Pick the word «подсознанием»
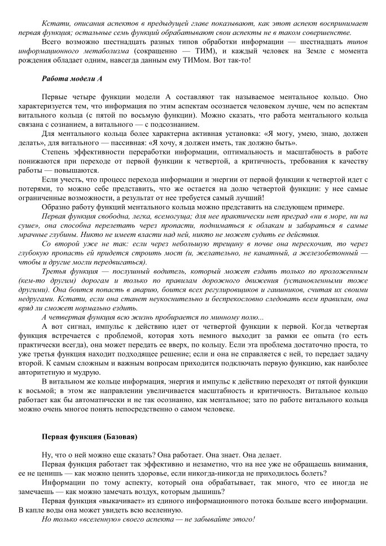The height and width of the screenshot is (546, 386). tap(172, 125)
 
